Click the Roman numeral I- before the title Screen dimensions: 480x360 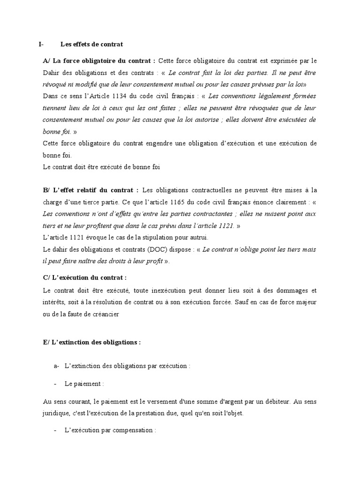point(41,45)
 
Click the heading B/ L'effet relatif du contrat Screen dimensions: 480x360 point(90,190)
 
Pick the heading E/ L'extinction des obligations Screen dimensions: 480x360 point(91,342)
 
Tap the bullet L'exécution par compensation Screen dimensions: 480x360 point(110,430)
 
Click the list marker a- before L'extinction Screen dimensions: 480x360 point(57,366)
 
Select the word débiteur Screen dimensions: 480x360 point(270,401)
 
